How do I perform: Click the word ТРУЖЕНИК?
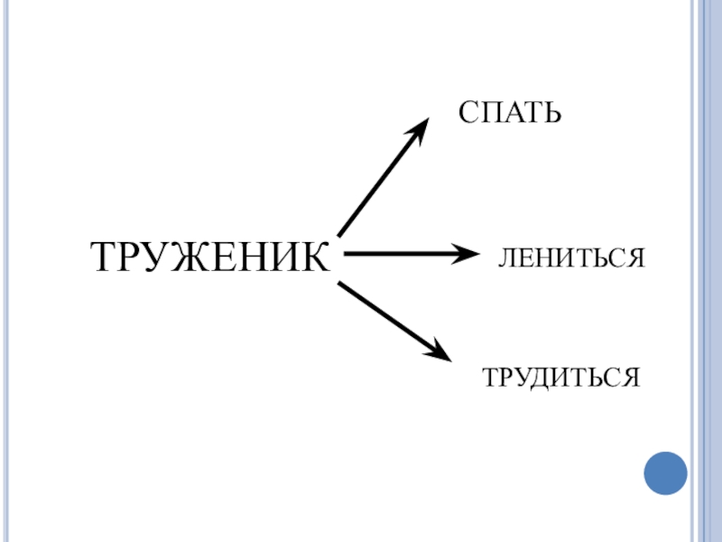pos(211,257)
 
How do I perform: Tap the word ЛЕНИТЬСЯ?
pos(572,258)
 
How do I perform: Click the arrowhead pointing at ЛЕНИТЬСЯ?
pos(468,254)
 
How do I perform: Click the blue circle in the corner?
pos(666,472)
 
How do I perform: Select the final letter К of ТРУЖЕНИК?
pos(315,257)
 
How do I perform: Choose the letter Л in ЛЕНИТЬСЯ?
pos(505,258)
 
